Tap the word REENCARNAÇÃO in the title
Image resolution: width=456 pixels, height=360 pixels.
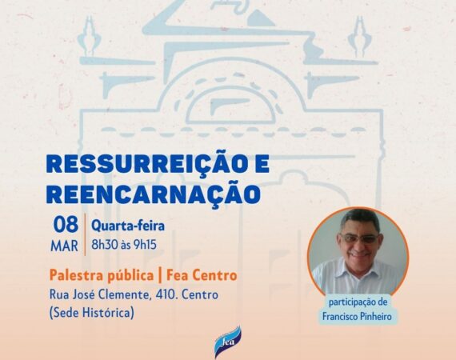click(153, 194)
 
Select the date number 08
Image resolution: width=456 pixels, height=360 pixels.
click(66, 225)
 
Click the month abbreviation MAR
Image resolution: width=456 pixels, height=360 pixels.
click(65, 246)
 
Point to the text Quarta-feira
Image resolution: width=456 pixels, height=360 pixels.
click(128, 226)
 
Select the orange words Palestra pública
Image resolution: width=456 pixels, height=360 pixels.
click(102, 275)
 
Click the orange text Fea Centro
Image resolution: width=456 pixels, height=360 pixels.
click(202, 275)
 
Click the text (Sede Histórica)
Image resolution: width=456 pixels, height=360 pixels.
click(92, 313)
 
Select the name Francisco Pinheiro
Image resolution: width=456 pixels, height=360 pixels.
click(357, 316)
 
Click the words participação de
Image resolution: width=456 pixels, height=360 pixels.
click(358, 302)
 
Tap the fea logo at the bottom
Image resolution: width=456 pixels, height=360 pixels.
click(228, 342)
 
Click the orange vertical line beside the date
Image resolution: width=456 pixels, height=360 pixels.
click(86, 234)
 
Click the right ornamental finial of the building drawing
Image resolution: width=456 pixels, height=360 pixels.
click(360, 36)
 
